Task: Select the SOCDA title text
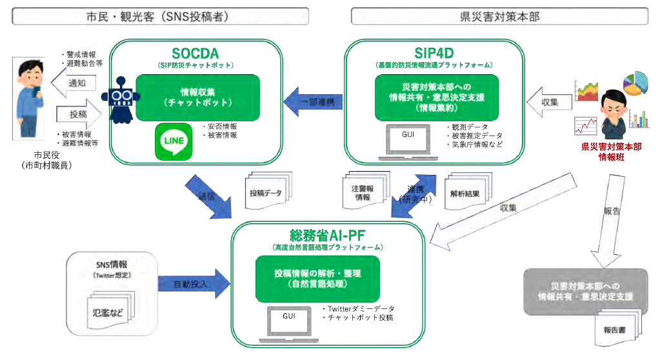[196, 53]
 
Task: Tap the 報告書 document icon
[614, 329]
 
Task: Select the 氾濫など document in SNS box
[108, 314]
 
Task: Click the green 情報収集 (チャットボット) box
[197, 96]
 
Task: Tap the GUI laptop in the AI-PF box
[288, 323]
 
